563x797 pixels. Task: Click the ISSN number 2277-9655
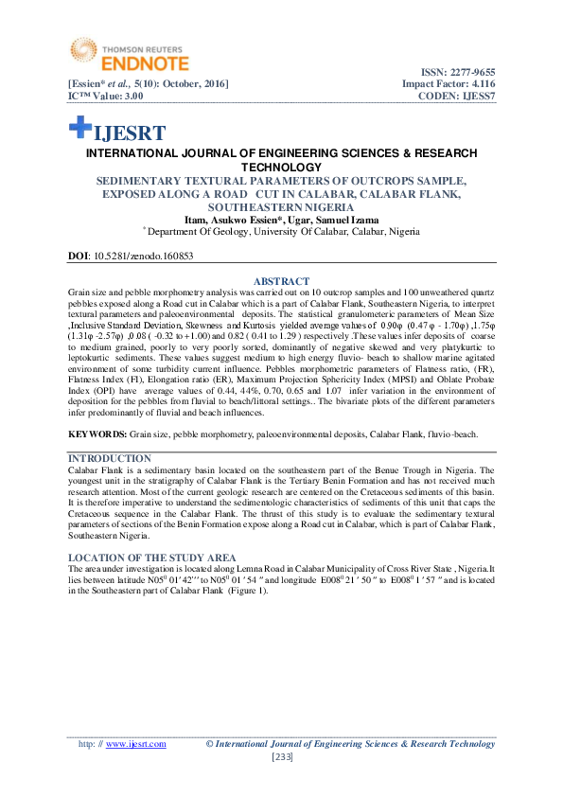467,73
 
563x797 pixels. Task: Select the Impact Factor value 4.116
476,84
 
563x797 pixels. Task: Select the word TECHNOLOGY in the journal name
281,167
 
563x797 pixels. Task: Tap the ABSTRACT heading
281,281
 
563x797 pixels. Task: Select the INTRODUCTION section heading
111,458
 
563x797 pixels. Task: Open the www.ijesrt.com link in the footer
135,744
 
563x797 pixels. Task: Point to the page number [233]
281,757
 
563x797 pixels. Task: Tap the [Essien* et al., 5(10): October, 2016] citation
148,84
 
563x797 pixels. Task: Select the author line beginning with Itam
281,219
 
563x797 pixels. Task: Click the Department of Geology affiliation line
282,230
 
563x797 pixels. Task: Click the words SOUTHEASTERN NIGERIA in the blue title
281,206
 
